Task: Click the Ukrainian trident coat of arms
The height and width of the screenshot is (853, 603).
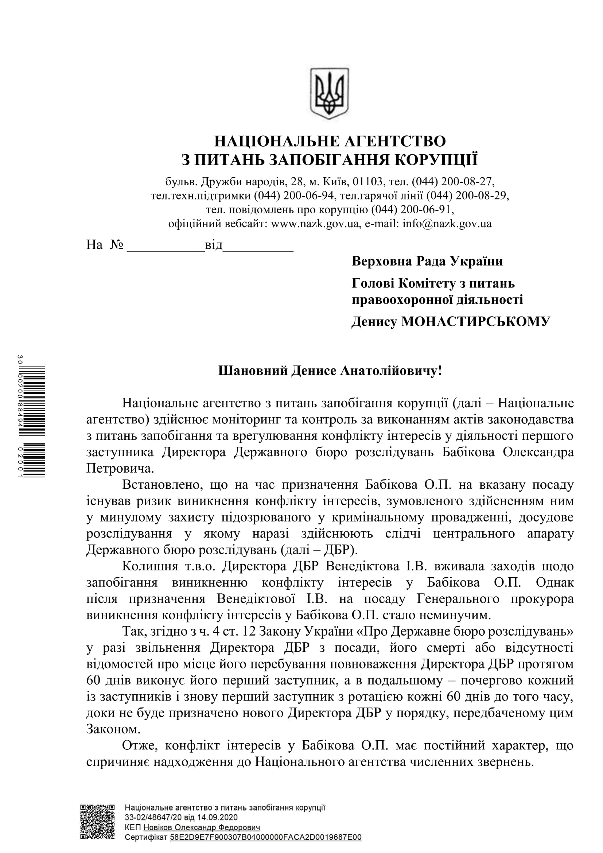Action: click(329, 93)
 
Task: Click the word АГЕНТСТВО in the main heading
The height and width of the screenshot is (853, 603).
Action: click(395, 141)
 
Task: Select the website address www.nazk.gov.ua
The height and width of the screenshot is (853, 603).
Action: click(315, 224)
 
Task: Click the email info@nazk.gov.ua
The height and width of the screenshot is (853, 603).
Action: click(447, 224)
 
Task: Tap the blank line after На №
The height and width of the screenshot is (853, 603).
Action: click(166, 246)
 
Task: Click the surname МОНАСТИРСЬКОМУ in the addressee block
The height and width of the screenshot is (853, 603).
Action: click(475, 321)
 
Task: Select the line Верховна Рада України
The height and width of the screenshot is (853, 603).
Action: click(427, 261)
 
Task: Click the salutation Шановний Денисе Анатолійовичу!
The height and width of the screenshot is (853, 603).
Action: click(330, 371)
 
